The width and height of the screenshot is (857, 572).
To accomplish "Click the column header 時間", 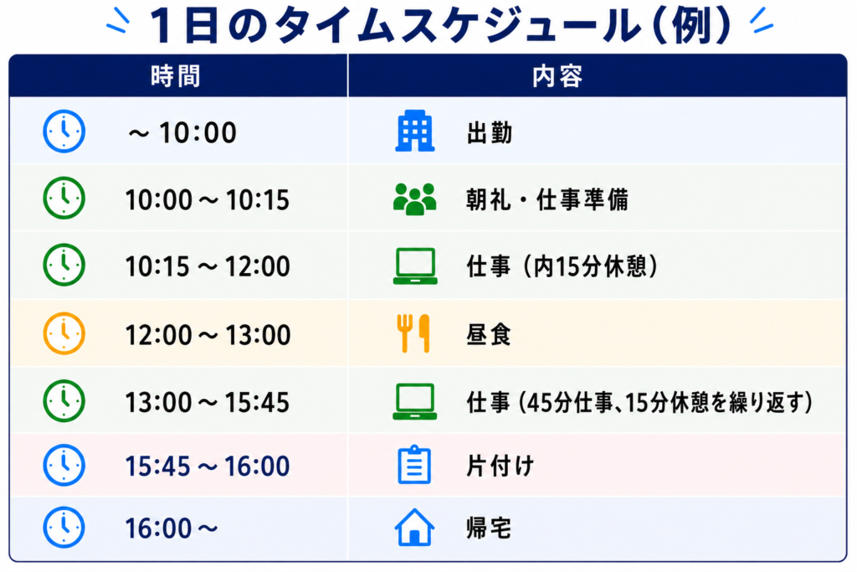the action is [x=176, y=76].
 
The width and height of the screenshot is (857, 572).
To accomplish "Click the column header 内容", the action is [x=557, y=76].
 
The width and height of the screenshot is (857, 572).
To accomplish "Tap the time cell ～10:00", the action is [x=182, y=132].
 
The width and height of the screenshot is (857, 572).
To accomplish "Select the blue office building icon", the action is [x=415, y=131].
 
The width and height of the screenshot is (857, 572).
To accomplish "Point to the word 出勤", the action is [x=490, y=133].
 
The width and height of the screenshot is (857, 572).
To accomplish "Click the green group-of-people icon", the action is [x=415, y=198].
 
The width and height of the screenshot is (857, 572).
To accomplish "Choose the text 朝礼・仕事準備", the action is [x=547, y=199].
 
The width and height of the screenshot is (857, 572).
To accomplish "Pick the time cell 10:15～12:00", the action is [x=208, y=266].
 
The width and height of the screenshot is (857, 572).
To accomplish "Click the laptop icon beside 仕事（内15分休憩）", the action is [x=415, y=266].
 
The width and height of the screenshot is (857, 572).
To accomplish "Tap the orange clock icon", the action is [x=64, y=333].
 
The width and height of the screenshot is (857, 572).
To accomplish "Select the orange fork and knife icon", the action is [x=413, y=333].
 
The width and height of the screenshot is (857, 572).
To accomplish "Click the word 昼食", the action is [x=489, y=335].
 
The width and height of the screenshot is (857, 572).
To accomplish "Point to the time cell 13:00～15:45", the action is [x=208, y=403].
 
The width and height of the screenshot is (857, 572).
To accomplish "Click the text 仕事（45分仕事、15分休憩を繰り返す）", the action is [x=639, y=403].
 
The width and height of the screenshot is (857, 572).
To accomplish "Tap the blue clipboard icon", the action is [x=414, y=465].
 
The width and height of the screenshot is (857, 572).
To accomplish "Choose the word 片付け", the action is [x=500, y=466].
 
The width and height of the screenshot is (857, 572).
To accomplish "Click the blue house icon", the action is [x=414, y=527].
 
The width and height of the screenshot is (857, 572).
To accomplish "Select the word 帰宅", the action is [x=489, y=528].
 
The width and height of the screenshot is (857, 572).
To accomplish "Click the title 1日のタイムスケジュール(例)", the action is [x=440, y=25].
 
